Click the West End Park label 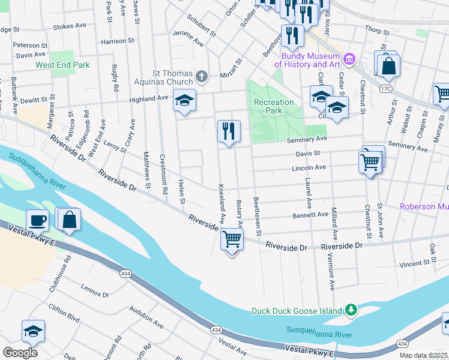(x=62, y=65)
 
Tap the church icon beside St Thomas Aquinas (x=202, y=76)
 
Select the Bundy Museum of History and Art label (x=307, y=60)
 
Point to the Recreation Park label (x=274, y=106)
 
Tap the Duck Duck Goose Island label (x=297, y=310)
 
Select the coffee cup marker (x=37, y=220)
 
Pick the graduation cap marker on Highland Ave (x=184, y=100)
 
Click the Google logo (x=20, y=352)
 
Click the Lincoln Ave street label (x=308, y=167)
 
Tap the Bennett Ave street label (x=310, y=214)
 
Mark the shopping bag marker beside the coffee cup (x=69, y=220)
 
